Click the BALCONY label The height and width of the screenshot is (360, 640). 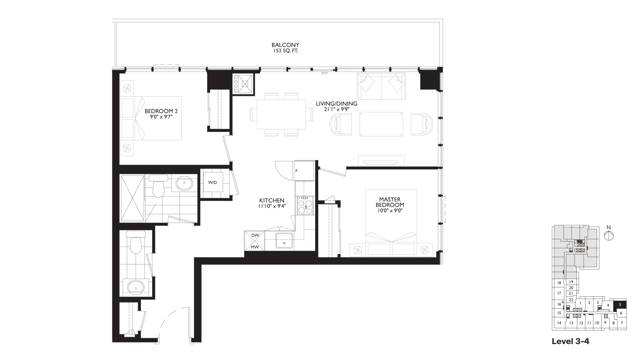[x=285, y=45]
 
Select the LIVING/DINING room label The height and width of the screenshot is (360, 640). [x=337, y=104]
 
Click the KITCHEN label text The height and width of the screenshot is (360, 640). [x=272, y=200]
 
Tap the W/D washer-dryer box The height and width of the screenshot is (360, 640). [x=212, y=182]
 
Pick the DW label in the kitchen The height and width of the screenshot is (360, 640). [x=255, y=235]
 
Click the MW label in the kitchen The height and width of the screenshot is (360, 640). [x=255, y=247]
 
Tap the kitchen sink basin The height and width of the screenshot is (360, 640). [x=284, y=241]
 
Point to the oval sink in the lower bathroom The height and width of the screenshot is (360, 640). [x=136, y=286]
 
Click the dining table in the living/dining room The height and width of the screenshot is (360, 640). [x=282, y=115]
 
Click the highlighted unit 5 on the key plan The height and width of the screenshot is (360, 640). [x=620, y=304]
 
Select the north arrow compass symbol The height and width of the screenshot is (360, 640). [x=609, y=235]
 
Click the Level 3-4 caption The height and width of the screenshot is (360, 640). [x=570, y=341]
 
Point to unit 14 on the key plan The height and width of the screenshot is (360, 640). [x=559, y=323]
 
